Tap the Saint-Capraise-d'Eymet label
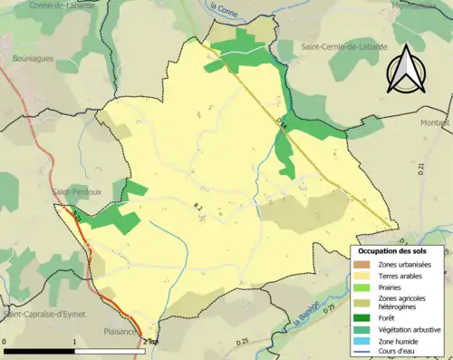[x=41, y=314]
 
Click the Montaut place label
[x=436, y=122]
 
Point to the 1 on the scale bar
[x=74, y=342]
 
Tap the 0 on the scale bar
[x=5, y=342]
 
